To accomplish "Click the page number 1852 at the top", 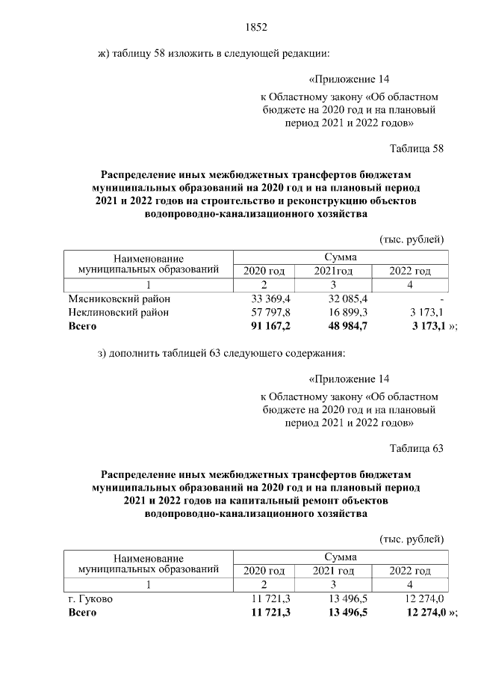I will click(256, 28).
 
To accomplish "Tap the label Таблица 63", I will click(417, 449).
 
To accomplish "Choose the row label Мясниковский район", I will click(119, 299).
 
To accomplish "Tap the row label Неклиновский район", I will click(119, 313).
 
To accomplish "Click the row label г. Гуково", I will click(91, 598).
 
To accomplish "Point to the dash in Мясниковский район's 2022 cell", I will click(443, 299).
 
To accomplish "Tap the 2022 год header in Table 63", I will click(410, 571).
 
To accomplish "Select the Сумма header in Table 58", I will click(341, 257).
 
